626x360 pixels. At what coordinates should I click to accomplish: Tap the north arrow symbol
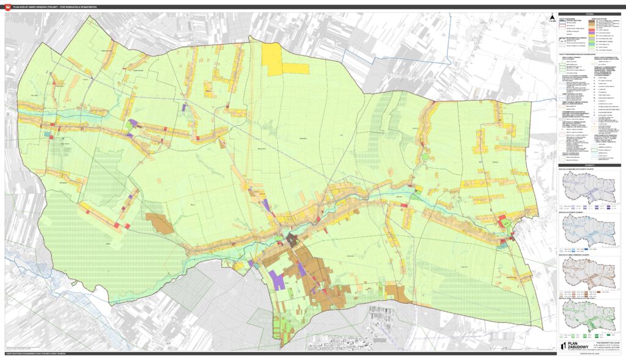(x=552, y=17)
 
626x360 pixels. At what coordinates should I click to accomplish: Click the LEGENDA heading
(x=590, y=13)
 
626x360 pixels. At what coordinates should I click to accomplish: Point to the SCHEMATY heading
(x=590, y=165)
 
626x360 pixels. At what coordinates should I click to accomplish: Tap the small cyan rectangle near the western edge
(x=47, y=133)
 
